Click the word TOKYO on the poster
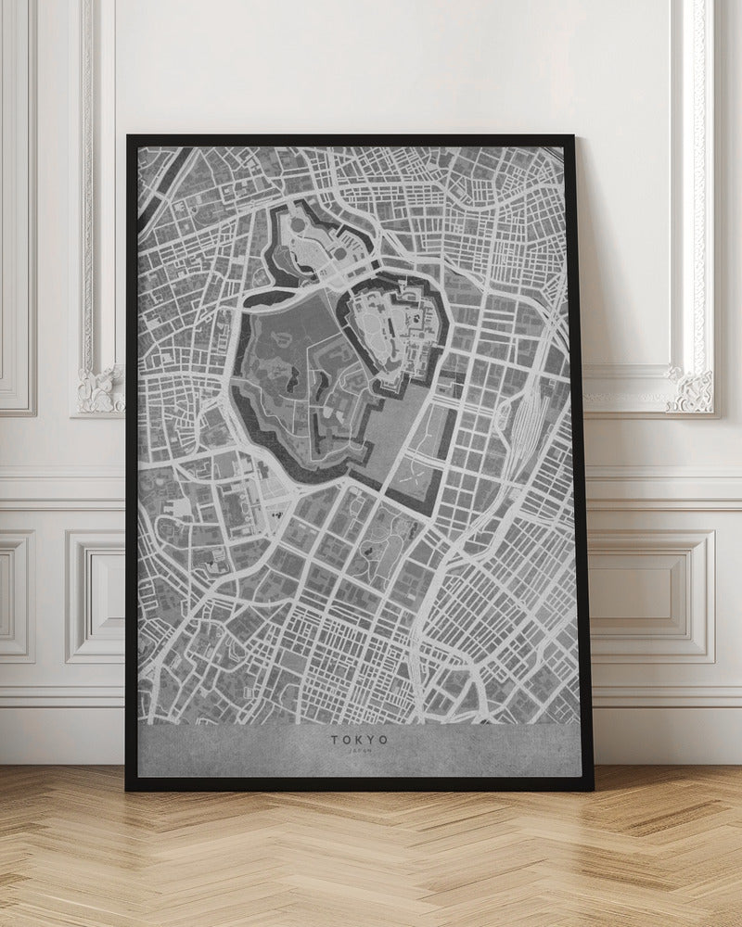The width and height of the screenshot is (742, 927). tap(358, 741)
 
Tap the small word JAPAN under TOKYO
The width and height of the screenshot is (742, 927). tap(358, 753)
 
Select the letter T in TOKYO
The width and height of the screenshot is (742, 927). tap(332, 741)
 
